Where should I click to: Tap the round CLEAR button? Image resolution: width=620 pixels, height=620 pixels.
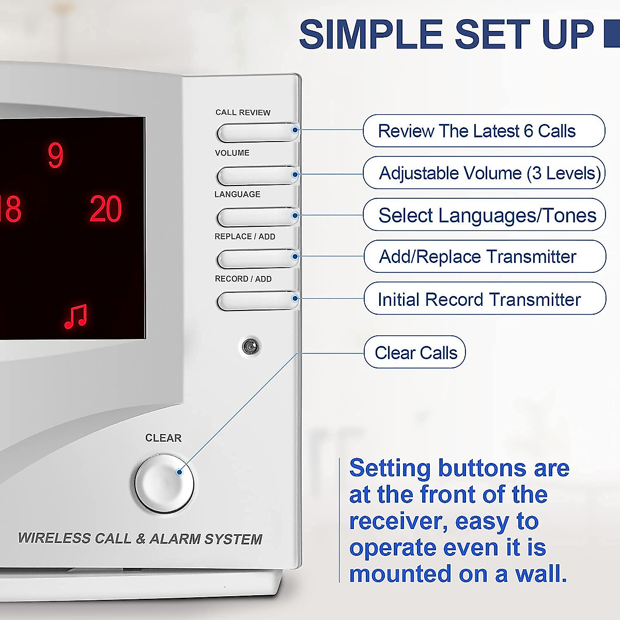(164, 483)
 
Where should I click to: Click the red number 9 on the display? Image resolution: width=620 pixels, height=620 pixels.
(55, 156)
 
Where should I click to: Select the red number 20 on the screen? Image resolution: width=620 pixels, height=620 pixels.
(106, 209)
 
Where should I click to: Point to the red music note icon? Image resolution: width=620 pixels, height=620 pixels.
(75, 316)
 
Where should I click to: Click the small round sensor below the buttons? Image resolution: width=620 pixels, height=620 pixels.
(251, 346)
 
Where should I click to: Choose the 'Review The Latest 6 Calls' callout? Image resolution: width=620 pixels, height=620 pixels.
(484, 131)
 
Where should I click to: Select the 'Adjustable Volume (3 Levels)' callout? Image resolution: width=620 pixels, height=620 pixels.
(484, 173)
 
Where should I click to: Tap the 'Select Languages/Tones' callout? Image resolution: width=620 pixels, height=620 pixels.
(484, 215)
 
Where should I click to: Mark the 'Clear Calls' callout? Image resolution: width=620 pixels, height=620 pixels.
(415, 352)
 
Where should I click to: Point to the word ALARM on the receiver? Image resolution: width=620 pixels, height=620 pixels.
(174, 539)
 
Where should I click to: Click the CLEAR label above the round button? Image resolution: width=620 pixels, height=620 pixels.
(163, 438)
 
